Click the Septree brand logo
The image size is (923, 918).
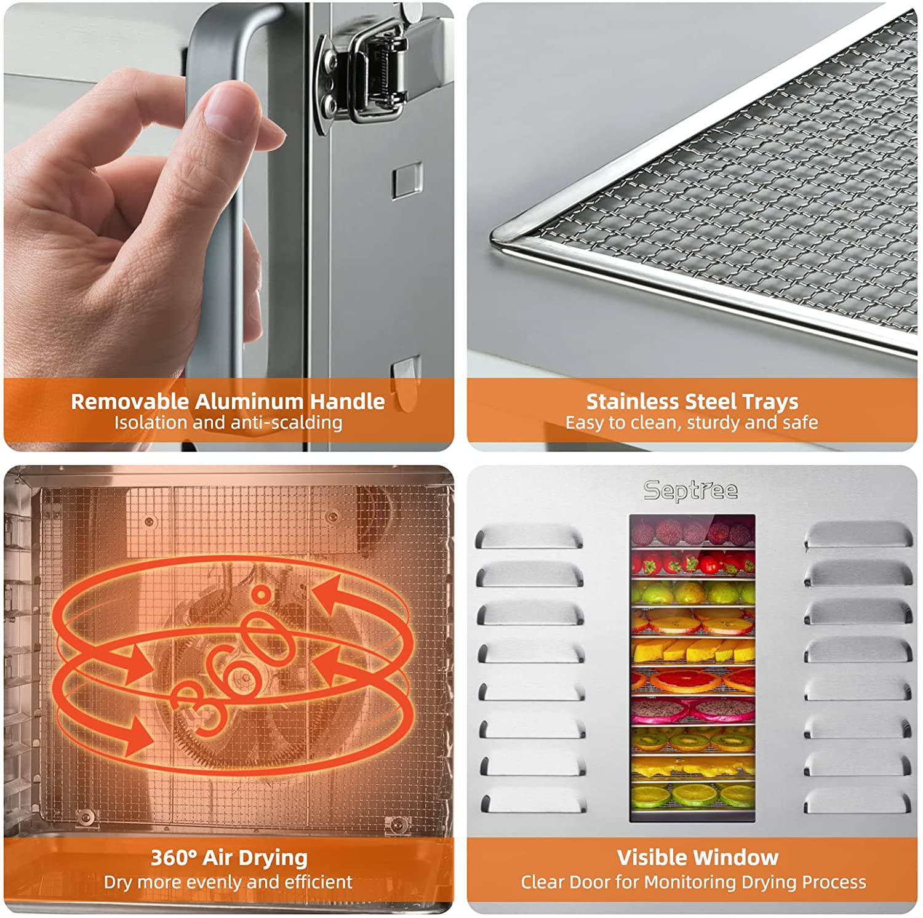coord(690,490)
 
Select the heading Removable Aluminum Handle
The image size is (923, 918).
coord(228,401)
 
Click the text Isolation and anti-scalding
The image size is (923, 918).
coord(228,423)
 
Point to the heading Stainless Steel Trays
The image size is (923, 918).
coord(692,401)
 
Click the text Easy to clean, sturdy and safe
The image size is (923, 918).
coord(692,423)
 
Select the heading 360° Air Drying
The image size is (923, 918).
coord(229,857)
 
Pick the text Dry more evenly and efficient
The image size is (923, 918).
coord(228,882)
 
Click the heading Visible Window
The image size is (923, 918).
coord(698,857)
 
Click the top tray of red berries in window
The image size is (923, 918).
coord(692,530)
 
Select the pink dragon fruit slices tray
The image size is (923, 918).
coord(692,711)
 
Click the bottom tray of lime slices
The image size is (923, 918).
coord(692,796)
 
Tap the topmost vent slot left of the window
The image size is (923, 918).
coord(529,537)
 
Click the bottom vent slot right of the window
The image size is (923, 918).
coord(858,801)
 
